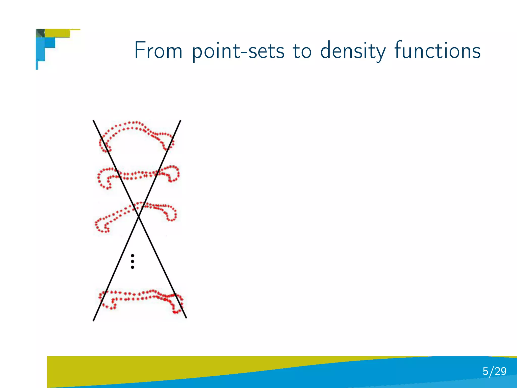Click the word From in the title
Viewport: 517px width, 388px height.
point(158,50)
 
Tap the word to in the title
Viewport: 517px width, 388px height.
point(302,51)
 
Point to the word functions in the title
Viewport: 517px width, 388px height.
point(437,50)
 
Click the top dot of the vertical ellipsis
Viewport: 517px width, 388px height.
point(133,256)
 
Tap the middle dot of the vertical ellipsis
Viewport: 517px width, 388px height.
point(133,261)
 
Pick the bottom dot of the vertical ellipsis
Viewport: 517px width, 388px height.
point(133,267)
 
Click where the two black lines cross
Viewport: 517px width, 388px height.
point(139,216)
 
